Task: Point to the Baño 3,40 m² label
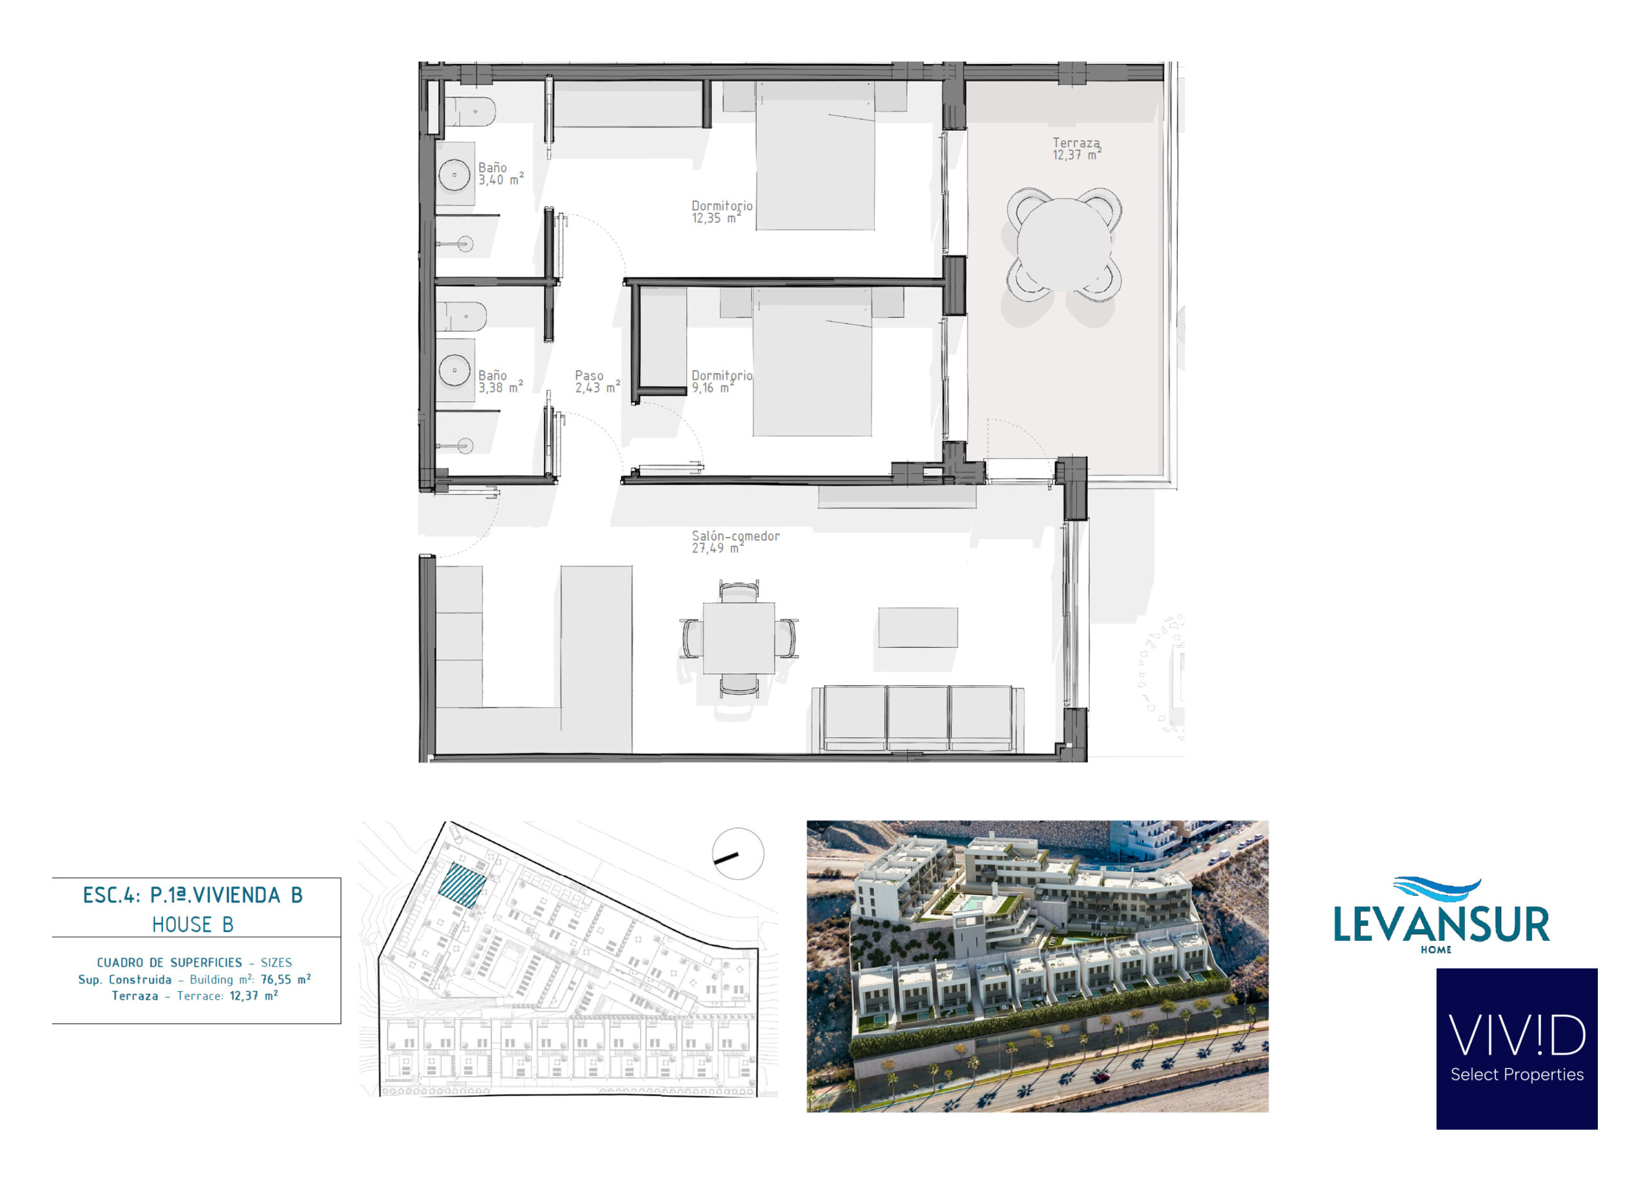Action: pos(501,173)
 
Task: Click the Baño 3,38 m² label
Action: pos(501,382)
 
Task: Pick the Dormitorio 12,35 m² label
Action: pos(721,212)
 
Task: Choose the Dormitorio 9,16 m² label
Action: pos(721,382)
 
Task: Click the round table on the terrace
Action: pos(1064,245)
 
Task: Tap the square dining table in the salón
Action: pos(738,638)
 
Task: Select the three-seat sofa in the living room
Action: pos(918,719)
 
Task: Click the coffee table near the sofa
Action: pos(918,627)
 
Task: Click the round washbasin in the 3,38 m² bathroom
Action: pos(455,370)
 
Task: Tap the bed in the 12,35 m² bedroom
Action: pos(815,155)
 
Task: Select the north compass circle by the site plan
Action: pos(737,854)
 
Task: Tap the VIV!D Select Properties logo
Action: pos(1517,1049)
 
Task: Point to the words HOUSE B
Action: pos(193,925)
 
